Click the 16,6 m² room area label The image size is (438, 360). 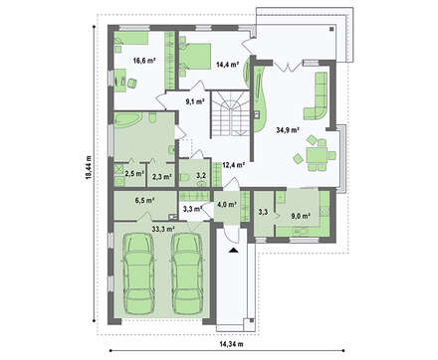(x=144, y=61)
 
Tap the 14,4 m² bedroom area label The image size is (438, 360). (x=228, y=65)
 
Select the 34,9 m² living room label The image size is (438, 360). (x=288, y=130)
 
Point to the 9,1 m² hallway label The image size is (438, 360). (x=195, y=101)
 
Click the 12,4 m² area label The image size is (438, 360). (x=234, y=164)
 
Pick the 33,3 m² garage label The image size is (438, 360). (x=163, y=229)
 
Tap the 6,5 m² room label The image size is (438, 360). (x=145, y=200)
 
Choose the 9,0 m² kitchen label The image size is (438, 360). (x=301, y=216)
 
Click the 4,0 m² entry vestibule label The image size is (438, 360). (x=227, y=204)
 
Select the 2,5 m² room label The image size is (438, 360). (x=134, y=173)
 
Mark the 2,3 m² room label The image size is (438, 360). (x=162, y=177)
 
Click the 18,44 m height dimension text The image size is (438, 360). (x=88, y=167)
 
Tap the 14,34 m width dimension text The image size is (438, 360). (x=231, y=344)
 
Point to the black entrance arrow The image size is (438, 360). (x=234, y=251)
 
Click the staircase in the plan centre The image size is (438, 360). (x=229, y=112)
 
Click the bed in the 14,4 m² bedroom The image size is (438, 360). (x=195, y=56)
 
